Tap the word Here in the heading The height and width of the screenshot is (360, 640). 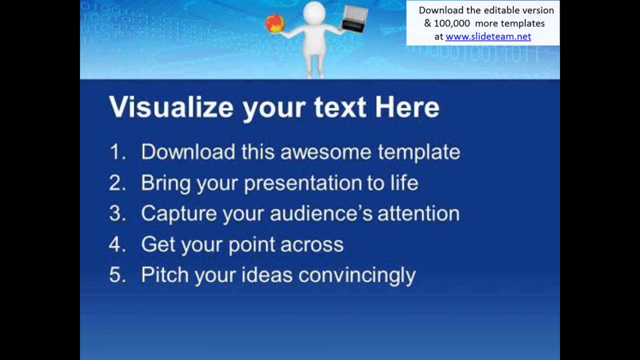407,107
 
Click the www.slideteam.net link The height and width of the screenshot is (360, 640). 488,36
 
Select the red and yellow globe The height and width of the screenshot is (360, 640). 275,23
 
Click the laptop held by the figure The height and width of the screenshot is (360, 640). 354,19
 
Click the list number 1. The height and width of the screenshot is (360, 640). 116,152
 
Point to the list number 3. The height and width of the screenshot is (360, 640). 117,214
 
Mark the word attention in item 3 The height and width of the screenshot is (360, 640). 418,214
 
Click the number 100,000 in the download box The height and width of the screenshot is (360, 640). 452,23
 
